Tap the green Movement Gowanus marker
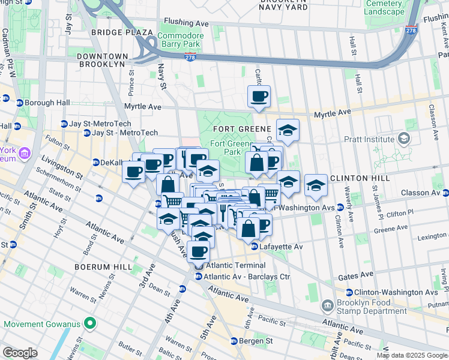click(x=90, y=324)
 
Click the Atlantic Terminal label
click(x=235, y=265)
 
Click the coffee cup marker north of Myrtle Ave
click(x=259, y=96)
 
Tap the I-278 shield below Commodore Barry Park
click(x=190, y=58)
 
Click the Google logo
click(x=19, y=353)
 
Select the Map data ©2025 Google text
click(x=411, y=355)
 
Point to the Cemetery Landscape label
click(x=384, y=8)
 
